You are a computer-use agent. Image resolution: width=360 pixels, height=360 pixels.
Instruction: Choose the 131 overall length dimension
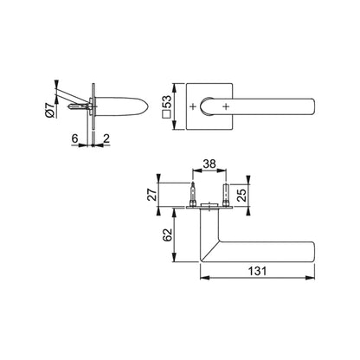point(255,270)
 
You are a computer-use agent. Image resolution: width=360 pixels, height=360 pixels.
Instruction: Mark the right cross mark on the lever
point(226,106)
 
